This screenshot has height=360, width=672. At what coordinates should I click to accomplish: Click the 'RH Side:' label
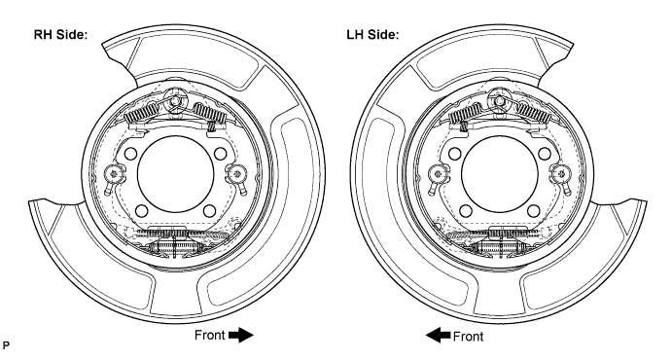coord(60,35)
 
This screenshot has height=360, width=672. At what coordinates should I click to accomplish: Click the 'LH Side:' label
coord(372,35)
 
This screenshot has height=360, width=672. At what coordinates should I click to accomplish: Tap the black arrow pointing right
coord(241,335)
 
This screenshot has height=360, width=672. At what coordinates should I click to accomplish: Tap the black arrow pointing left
coord(438,335)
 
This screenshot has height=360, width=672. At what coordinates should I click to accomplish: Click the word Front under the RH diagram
coord(209,335)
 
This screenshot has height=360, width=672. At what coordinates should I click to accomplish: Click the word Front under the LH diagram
coord(468,337)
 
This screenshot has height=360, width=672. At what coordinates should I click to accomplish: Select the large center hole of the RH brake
coord(175,173)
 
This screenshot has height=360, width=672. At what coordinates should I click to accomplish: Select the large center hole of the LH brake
coord(499,173)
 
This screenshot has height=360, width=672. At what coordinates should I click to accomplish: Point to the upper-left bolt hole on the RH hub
coord(130,154)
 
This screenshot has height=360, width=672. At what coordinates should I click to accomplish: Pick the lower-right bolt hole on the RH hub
coord(209,211)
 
